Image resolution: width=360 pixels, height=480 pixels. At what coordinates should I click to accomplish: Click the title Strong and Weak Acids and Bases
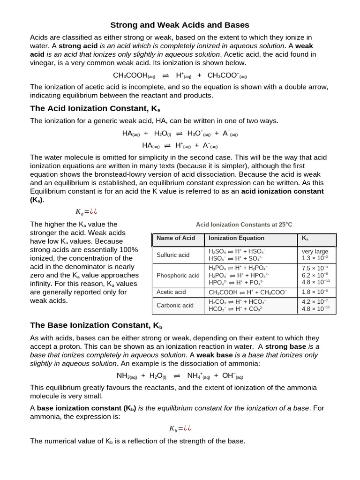[x=180, y=25]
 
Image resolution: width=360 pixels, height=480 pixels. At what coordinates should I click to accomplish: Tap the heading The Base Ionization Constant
[x=96, y=325]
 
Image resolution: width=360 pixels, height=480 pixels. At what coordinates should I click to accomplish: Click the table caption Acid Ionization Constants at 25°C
[x=244, y=225]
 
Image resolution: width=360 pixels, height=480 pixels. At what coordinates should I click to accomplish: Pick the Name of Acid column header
[x=175, y=238]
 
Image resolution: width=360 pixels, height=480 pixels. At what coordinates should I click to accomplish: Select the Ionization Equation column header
[x=236, y=238]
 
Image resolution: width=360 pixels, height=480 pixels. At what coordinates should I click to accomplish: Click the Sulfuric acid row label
[x=172, y=255]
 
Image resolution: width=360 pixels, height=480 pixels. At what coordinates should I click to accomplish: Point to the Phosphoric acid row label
[x=178, y=275]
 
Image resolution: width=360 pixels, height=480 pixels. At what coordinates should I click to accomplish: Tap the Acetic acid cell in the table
[x=171, y=292]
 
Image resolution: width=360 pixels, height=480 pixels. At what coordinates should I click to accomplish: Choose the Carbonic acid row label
[x=174, y=305]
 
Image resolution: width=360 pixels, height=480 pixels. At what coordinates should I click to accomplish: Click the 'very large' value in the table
[x=315, y=251]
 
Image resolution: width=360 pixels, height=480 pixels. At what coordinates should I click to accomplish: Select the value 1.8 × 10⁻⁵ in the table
[x=315, y=292]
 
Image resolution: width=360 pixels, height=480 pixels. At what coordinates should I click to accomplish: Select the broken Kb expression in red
[x=180, y=428]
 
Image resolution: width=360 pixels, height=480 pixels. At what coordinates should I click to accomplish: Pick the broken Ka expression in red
[x=87, y=211]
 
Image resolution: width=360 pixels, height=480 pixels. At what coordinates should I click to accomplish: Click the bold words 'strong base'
[x=285, y=346]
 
